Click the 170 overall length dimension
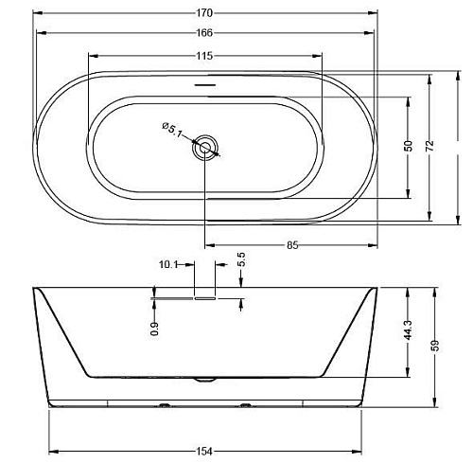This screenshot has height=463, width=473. tap(205, 13)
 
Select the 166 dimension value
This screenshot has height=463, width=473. tap(205, 33)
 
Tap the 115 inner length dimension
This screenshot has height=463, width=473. tap(205, 56)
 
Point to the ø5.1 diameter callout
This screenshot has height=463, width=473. tap(172, 130)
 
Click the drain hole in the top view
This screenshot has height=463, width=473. tap(205, 147)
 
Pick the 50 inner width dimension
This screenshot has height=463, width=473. tap(409, 146)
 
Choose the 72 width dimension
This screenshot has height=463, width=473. tap(429, 146)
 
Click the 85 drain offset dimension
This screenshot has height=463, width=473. tap(292, 245)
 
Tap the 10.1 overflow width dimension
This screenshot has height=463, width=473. tap(168, 264)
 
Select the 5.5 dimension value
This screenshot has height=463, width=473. tap(241, 259)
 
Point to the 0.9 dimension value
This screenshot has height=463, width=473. tap(154, 329)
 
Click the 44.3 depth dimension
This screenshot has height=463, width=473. tap(409, 330)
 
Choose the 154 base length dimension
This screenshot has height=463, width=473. tap(204, 452)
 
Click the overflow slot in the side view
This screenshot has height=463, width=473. tap(205, 298)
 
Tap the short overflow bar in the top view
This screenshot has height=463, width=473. tap(205, 85)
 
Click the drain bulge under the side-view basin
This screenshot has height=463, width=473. tap(205, 380)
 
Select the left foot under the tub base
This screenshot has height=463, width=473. tap(165, 405)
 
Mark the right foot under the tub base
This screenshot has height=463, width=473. tap(245, 405)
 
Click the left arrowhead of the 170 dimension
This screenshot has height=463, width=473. tap(38, 13)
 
